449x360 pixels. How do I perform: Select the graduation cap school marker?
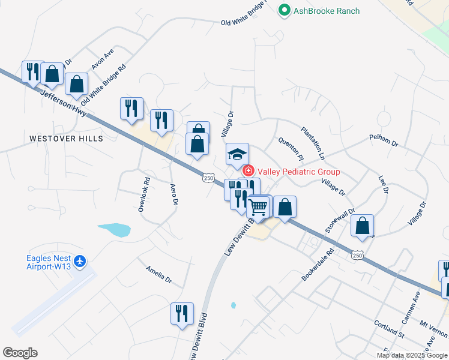coord(237,154)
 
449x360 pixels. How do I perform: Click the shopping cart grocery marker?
coord(259,208)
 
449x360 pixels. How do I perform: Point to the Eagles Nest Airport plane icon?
coord(82,262)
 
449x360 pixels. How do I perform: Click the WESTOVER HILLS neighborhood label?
coord(66,139)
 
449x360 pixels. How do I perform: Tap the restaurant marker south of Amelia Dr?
coord(182,313)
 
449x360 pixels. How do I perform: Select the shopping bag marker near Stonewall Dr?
coord(362,226)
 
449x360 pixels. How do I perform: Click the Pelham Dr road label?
coord(385,143)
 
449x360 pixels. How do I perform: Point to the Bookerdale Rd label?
coord(318,265)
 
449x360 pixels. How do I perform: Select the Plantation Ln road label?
coord(313,142)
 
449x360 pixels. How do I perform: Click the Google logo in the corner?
coord(20,353)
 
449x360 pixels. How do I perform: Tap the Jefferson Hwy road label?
coord(64,103)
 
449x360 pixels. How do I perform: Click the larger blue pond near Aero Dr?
coord(114,229)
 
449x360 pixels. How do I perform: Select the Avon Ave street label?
coord(102,60)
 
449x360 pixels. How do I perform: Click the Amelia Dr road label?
coord(158,275)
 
